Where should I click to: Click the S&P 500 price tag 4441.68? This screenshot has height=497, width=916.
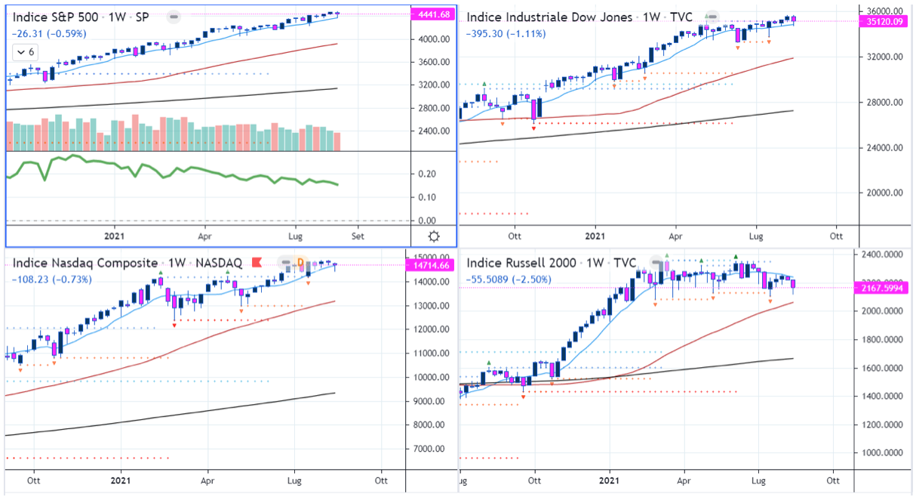coord(433,14)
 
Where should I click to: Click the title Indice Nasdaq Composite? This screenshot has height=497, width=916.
coord(85,263)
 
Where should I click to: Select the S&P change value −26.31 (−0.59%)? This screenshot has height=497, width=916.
coord(48,33)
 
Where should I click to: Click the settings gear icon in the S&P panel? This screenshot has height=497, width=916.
coord(434,236)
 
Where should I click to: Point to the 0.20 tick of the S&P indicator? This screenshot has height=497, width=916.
coord(427,174)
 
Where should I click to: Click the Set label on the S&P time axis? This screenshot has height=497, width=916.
coord(358,236)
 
